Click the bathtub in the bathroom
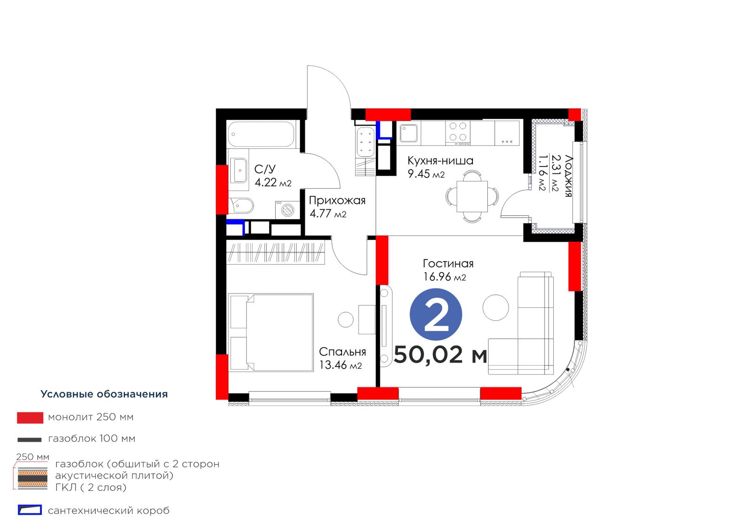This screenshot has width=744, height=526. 261,134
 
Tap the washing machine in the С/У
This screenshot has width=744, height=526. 287,210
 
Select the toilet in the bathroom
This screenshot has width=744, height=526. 241,206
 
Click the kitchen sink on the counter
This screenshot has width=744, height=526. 409,133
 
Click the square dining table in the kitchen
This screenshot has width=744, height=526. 472,196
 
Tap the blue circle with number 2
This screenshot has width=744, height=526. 436,314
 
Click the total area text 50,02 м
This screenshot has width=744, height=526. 440,354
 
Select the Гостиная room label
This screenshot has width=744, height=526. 448,264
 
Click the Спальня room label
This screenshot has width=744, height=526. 342,352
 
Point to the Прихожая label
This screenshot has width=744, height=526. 337,200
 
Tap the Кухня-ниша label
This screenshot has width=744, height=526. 440,161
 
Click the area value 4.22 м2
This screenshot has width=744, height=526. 273,182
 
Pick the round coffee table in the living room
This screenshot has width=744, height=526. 496,308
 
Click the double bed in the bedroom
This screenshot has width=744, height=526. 271,332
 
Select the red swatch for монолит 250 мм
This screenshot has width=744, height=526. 30,418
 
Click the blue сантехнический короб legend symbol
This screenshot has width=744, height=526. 30,510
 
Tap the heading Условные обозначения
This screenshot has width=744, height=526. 104,394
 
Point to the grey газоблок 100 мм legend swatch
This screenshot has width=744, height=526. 30,440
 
